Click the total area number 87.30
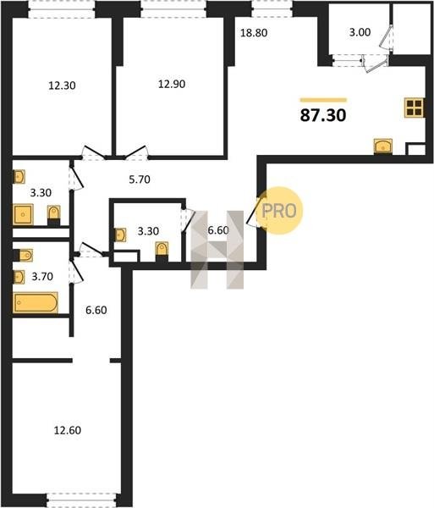click(x=323, y=115)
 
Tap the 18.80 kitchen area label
click(x=254, y=33)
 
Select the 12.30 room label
click(x=62, y=86)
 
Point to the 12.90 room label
click(x=172, y=84)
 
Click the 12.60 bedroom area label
click(x=68, y=430)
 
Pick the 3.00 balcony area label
click(x=360, y=32)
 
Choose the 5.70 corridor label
click(x=140, y=179)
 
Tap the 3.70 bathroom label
click(x=42, y=276)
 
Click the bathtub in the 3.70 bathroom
click(x=36, y=302)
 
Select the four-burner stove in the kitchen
click(x=415, y=108)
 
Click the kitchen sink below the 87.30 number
click(x=383, y=146)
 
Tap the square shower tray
click(x=24, y=214)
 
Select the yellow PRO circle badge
click(x=279, y=211)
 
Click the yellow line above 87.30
click(x=323, y=100)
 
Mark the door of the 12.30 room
click(x=94, y=152)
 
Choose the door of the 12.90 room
click(x=136, y=152)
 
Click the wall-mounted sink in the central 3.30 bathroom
click(x=120, y=235)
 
